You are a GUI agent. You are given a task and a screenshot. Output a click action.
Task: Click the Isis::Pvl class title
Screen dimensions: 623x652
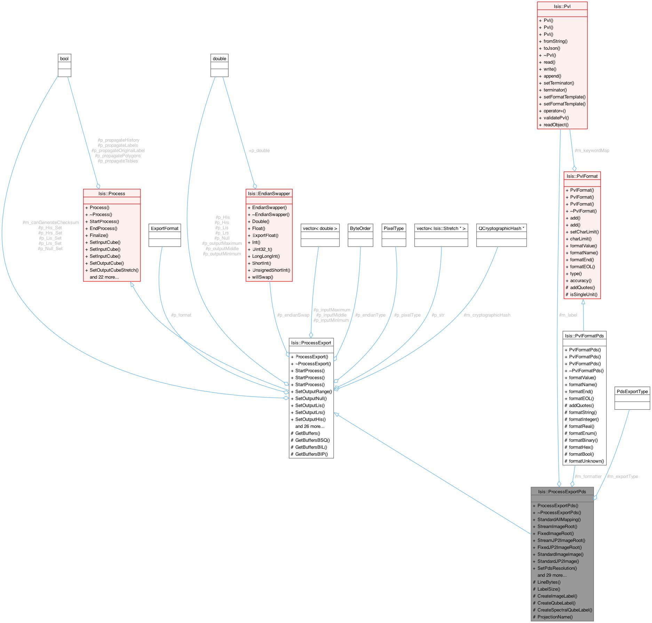(562, 6)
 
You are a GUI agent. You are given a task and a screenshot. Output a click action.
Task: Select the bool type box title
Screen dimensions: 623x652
(64, 58)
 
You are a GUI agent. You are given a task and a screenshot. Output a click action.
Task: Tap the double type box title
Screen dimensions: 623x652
(219, 58)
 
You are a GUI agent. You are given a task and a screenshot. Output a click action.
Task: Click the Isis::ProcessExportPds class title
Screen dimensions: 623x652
(562, 492)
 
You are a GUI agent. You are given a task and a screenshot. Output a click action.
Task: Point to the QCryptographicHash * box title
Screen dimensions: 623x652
(501, 228)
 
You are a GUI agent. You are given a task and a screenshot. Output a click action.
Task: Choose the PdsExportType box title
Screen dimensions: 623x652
(632, 391)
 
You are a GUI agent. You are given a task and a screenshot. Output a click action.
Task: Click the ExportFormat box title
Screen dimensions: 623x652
(165, 228)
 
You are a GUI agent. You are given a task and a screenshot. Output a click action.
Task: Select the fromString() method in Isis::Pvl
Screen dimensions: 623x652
(555, 41)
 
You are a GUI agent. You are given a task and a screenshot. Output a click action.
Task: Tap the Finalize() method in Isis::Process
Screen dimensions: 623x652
(99, 235)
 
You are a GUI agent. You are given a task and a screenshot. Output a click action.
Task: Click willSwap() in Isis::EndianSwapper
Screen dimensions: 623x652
(262, 277)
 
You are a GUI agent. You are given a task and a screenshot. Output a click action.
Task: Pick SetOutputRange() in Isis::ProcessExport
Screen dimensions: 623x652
(313, 391)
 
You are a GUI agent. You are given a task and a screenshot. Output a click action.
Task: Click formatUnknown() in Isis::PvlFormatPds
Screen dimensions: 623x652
(586, 461)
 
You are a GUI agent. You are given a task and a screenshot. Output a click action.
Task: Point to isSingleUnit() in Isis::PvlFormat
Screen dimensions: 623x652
(583, 294)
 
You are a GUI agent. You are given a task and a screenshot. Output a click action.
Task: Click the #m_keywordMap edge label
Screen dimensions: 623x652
(592, 150)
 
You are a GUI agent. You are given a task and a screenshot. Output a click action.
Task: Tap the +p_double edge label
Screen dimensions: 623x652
(259, 150)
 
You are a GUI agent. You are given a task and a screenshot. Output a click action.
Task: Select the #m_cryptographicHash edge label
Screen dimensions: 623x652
(487, 315)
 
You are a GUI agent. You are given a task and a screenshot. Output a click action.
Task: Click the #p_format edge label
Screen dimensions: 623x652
(181, 315)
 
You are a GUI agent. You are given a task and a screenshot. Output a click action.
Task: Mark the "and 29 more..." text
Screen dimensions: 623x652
(552, 575)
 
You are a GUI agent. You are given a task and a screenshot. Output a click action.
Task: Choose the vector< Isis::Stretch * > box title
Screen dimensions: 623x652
(441, 228)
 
